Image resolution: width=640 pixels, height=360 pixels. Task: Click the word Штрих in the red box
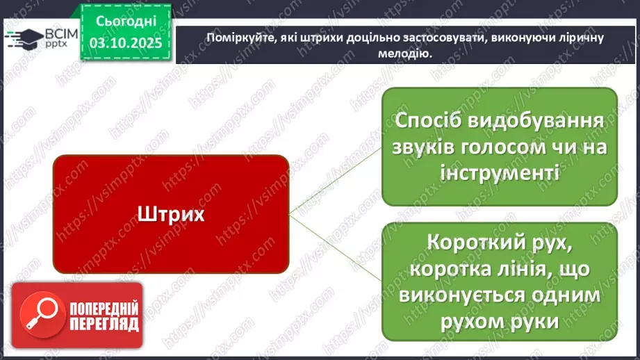coord(170,213)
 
